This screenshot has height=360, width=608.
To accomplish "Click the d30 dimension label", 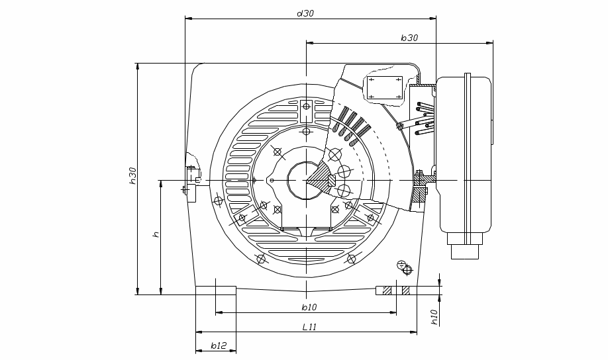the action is pyautogui.click(x=305, y=13).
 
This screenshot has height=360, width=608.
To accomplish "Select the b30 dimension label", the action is pyautogui.click(x=409, y=38).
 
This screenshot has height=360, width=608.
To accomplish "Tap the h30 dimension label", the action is pyautogui.click(x=132, y=175).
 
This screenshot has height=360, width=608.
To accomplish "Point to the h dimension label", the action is pyautogui.click(x=156, y=234).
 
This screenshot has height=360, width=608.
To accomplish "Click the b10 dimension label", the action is pyautogui.click(x=309, y=307).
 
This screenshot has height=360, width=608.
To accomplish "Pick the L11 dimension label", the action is pyautogui.click(x=309, y=327).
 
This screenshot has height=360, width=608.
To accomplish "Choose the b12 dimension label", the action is pyautogui.click(x=219, y=345).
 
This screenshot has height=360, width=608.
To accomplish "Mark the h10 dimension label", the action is pyautogui.click(x=434, y=317).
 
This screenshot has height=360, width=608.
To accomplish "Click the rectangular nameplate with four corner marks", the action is pyautogui.click(x=385, y=87).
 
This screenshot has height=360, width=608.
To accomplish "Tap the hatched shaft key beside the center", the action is pyautogui.click(x=332, y=181).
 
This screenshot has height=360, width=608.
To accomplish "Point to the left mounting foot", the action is pyautogui.click(x=216, y=291).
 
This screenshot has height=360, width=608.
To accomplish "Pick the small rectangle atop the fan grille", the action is pyautogui.click(x=307, y=111).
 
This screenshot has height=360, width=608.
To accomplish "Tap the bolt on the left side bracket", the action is pyautogui.click(x=185, y=189).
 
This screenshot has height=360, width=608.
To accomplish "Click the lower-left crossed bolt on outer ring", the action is pyautogui.click(x=261, y=259).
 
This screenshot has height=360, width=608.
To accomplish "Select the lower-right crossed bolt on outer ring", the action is pyautogui.click(x=351, y=259).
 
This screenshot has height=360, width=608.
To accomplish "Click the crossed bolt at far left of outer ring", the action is pyautogui.click(x=219, y=201).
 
